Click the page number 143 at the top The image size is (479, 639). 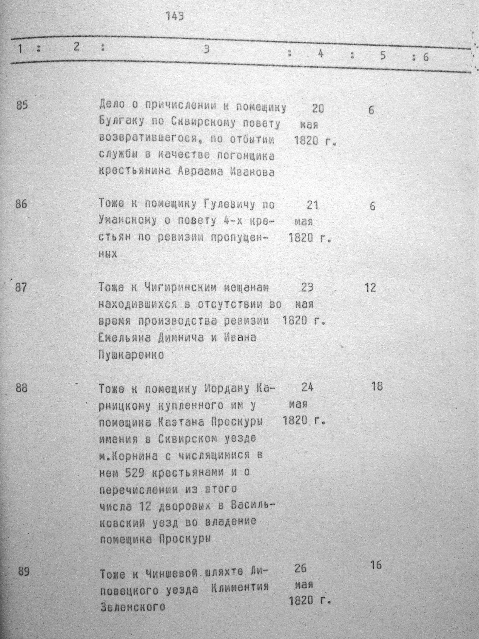(175, 17)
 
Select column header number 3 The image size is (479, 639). (206, 50)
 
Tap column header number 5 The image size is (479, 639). (383, 55)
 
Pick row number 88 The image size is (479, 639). (22, 388)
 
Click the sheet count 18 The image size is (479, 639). (377, 386)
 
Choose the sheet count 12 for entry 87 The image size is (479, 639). (370, 288)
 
